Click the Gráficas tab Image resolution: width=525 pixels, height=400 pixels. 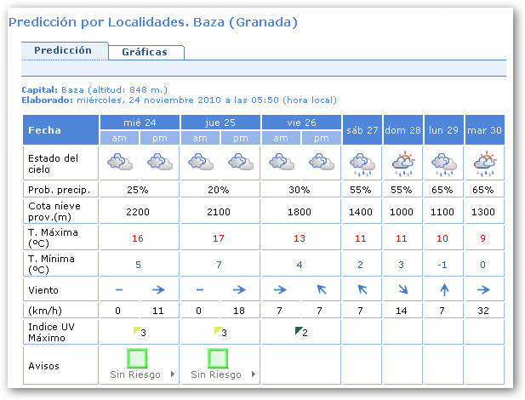tap(145, 52)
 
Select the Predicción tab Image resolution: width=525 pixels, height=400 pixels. tap(63, 50)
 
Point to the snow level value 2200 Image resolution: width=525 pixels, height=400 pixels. tap(140, 211)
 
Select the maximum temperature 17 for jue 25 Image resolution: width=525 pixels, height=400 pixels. tap(220, 238)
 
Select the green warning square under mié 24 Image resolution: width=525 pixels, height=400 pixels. tap(139, 357)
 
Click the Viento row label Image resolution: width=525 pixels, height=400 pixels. tap(44, 290)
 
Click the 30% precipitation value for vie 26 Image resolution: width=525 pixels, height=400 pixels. tap(301, 189)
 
